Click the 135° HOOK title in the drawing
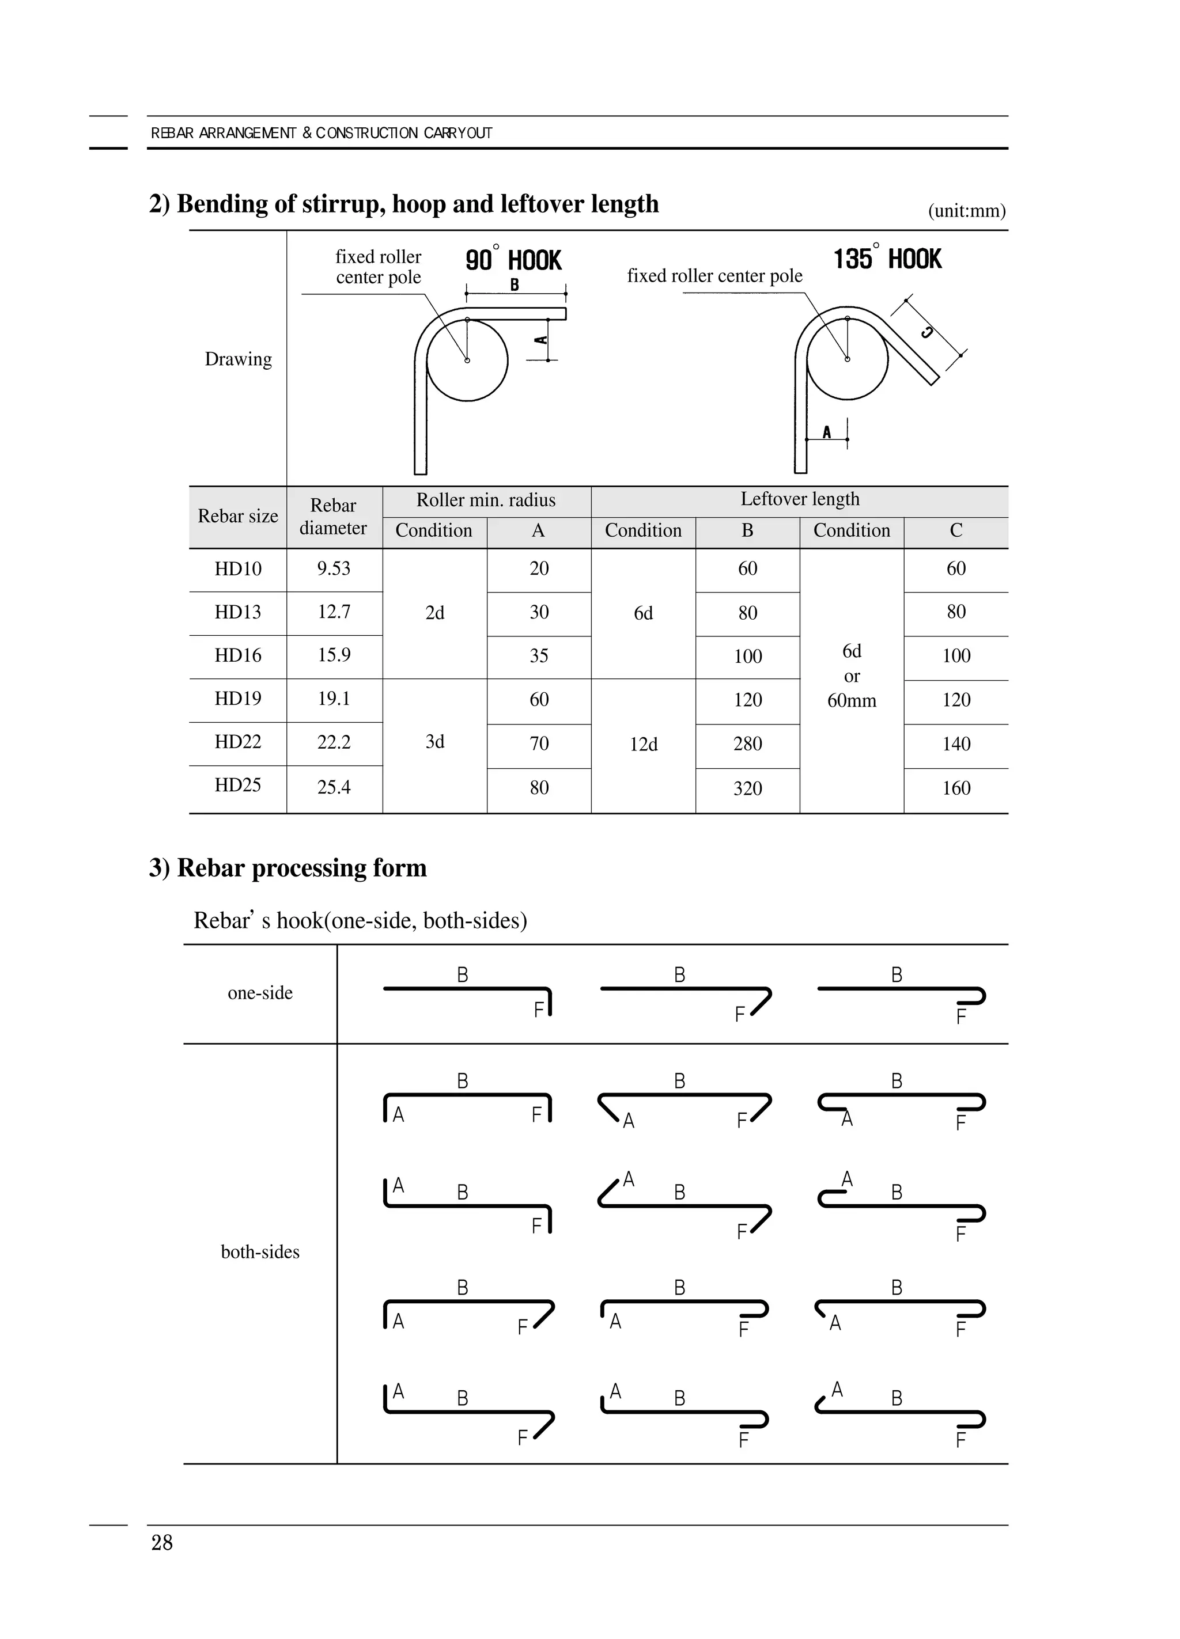887,259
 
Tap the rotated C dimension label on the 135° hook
926,332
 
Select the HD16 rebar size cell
238,655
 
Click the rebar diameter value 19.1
334,699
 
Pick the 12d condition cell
644,744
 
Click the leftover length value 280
748,744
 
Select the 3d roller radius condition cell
434,742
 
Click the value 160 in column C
956,788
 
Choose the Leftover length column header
800,499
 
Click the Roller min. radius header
486,500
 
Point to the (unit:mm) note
967,211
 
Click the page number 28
162,1543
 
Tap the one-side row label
260,993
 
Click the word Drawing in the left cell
238,359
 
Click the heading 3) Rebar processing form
288,868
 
